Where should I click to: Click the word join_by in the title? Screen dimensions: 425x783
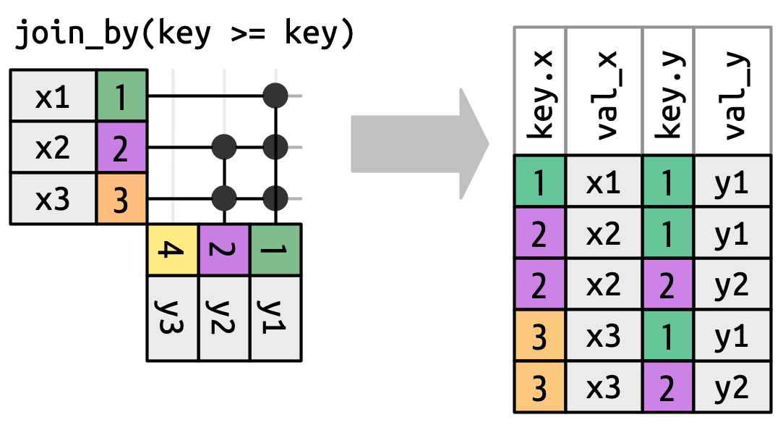coord(72,35)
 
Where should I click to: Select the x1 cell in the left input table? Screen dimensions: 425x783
coord(53,96)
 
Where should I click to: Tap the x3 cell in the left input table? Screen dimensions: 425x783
coord(53,199)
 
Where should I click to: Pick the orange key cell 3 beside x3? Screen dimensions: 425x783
coord(121,199)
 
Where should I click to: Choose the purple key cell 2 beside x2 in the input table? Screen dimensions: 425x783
coord(121,148)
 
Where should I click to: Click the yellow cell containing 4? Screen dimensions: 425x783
coord(173,251)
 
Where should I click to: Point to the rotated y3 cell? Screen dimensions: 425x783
coord(173,318)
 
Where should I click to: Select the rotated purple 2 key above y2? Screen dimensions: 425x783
coord(224,251)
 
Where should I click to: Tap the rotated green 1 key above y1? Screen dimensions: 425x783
coord(275,251)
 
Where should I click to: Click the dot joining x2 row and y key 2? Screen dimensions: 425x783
coord(225,147)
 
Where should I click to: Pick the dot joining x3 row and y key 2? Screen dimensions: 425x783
coord(225,197)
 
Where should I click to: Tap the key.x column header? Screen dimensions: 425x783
coord(540,91)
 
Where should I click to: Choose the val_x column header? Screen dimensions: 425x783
coord(604,91)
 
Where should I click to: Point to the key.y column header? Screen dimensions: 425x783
coord(667,91)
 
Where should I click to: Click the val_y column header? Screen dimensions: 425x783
coord(731,91)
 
